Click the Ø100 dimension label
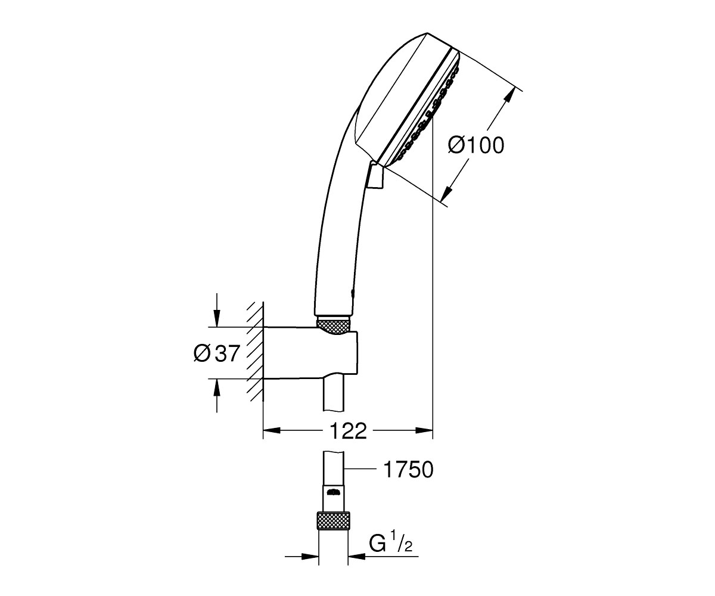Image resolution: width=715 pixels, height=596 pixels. pyautogui.click(x=476, y=145)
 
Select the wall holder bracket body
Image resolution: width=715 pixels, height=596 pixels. pyautogui.click(x=310, y=353)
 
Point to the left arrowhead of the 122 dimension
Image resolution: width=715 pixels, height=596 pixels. pyautogui.click(x=272, y=430)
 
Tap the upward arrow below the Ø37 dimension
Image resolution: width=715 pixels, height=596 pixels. pyautogui.click(x=216, y=396)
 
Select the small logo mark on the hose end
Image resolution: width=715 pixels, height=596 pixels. pyautogui.click(x=334, y=493)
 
